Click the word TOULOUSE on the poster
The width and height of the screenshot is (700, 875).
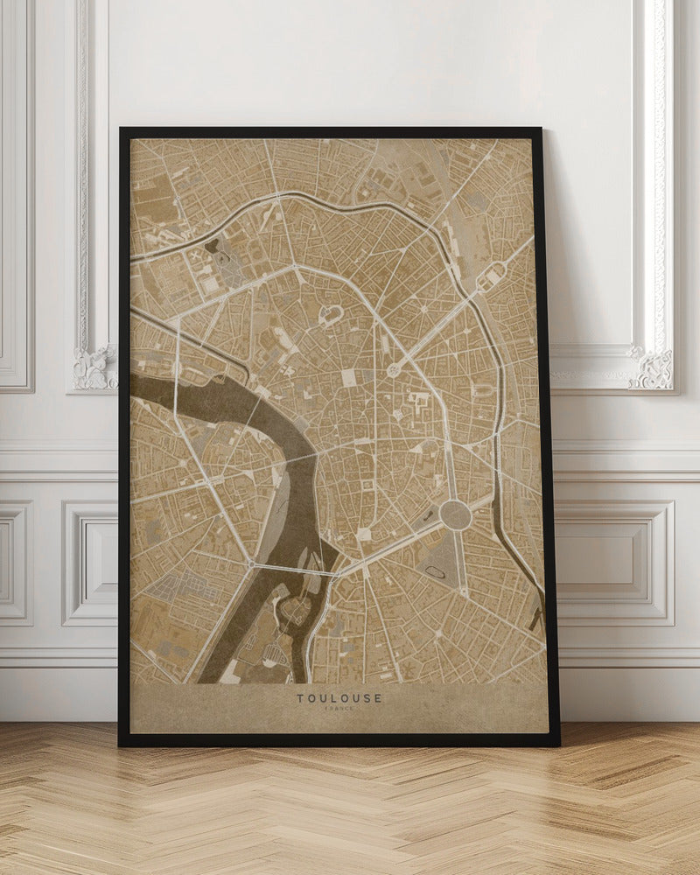(339, 698)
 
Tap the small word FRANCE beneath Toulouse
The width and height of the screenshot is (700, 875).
(339, 710)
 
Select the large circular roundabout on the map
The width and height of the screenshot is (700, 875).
(455, 514)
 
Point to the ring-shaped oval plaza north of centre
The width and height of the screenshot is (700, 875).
(332, 315)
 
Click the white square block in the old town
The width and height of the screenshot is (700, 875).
(348, 377)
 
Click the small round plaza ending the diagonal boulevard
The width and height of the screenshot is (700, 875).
(393, 370)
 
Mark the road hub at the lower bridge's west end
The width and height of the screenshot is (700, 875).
(252, 565)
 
